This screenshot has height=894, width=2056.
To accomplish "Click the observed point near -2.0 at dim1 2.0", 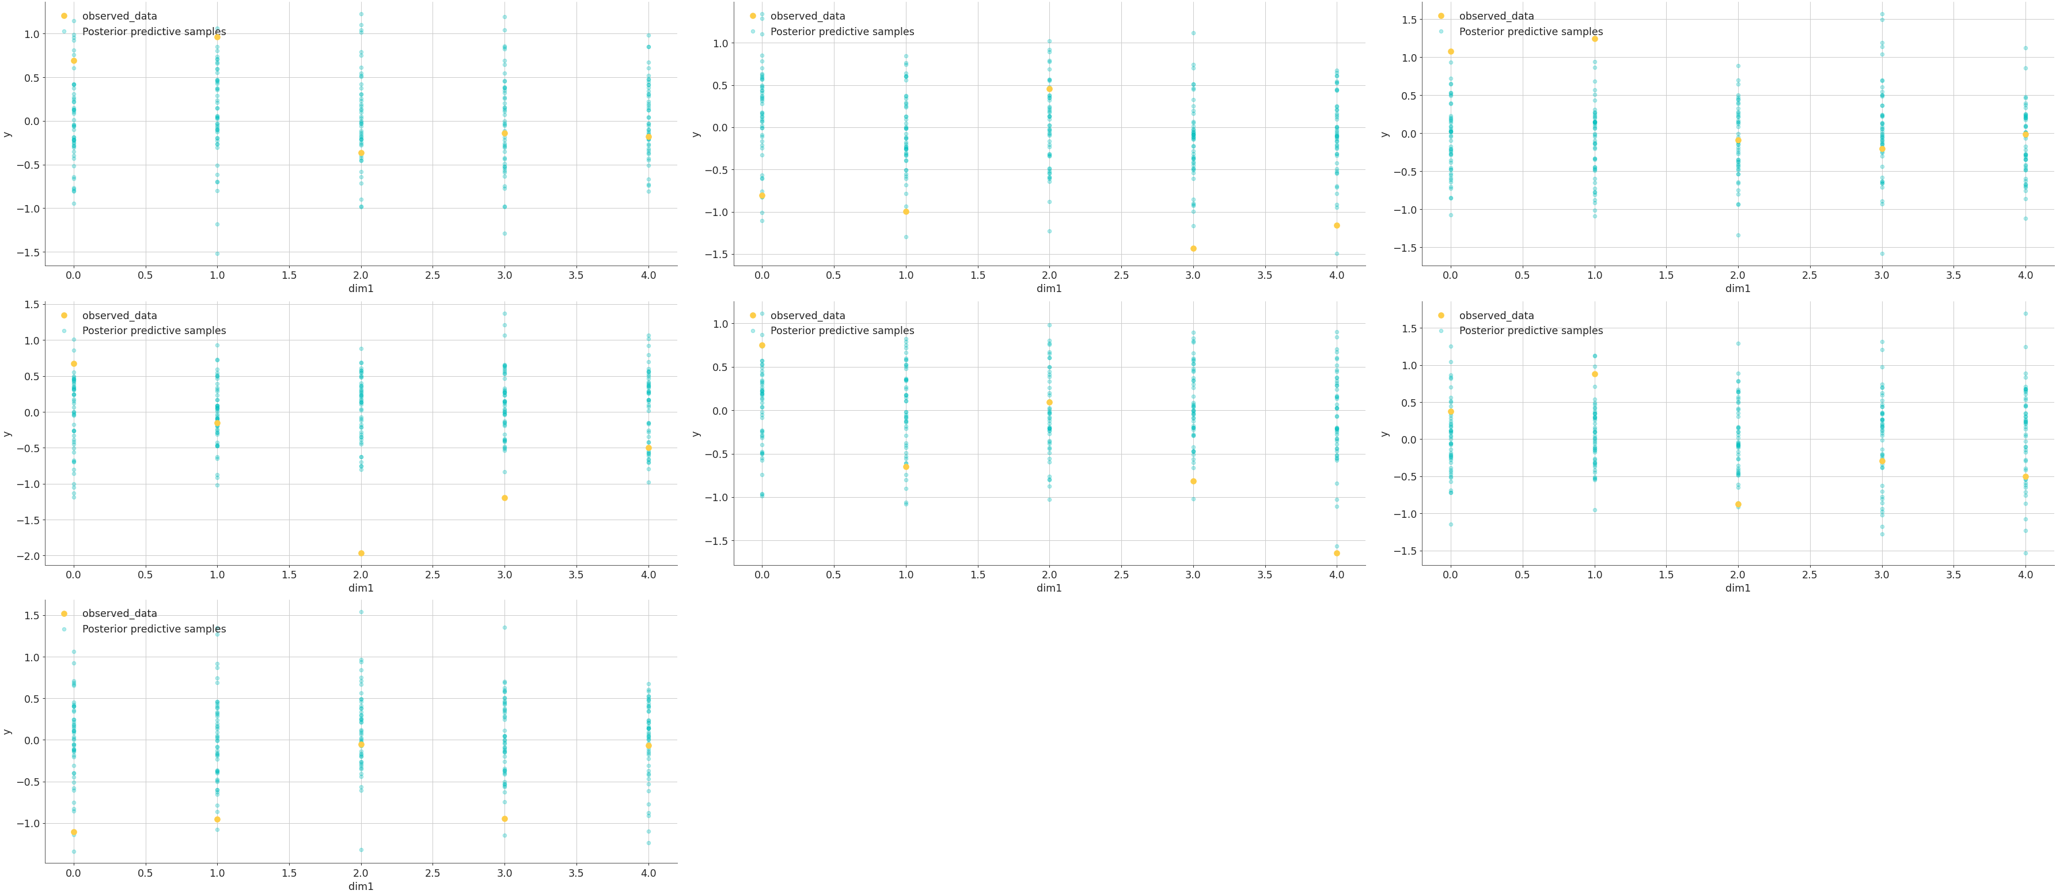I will [x=361, y=553].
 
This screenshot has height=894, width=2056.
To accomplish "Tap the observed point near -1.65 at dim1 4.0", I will [x=1337, y=553].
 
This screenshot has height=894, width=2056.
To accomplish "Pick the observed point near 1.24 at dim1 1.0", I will [x=1595, y=39].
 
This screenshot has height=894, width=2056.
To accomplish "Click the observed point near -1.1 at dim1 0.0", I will [x=74, y=832].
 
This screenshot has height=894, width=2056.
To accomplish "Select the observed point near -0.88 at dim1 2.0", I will [x=1738, y=505].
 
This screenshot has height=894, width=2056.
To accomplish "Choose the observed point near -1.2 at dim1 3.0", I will [x=504, y=498].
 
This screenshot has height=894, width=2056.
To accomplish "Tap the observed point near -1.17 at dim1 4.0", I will [x=1337, y=225].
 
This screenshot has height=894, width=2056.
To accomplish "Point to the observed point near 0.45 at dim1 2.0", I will [x=1049, y=89].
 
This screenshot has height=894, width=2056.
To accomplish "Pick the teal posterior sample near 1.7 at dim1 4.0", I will [x=2025, y=314].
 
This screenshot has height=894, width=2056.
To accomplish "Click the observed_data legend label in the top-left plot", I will [x=120, y=16].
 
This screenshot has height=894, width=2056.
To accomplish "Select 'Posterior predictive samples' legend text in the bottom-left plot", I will [x=154, y=629].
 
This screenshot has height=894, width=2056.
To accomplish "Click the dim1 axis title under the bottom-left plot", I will [x=361, y=886].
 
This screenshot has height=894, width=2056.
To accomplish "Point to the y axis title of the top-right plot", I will [x=1384, y=133].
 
